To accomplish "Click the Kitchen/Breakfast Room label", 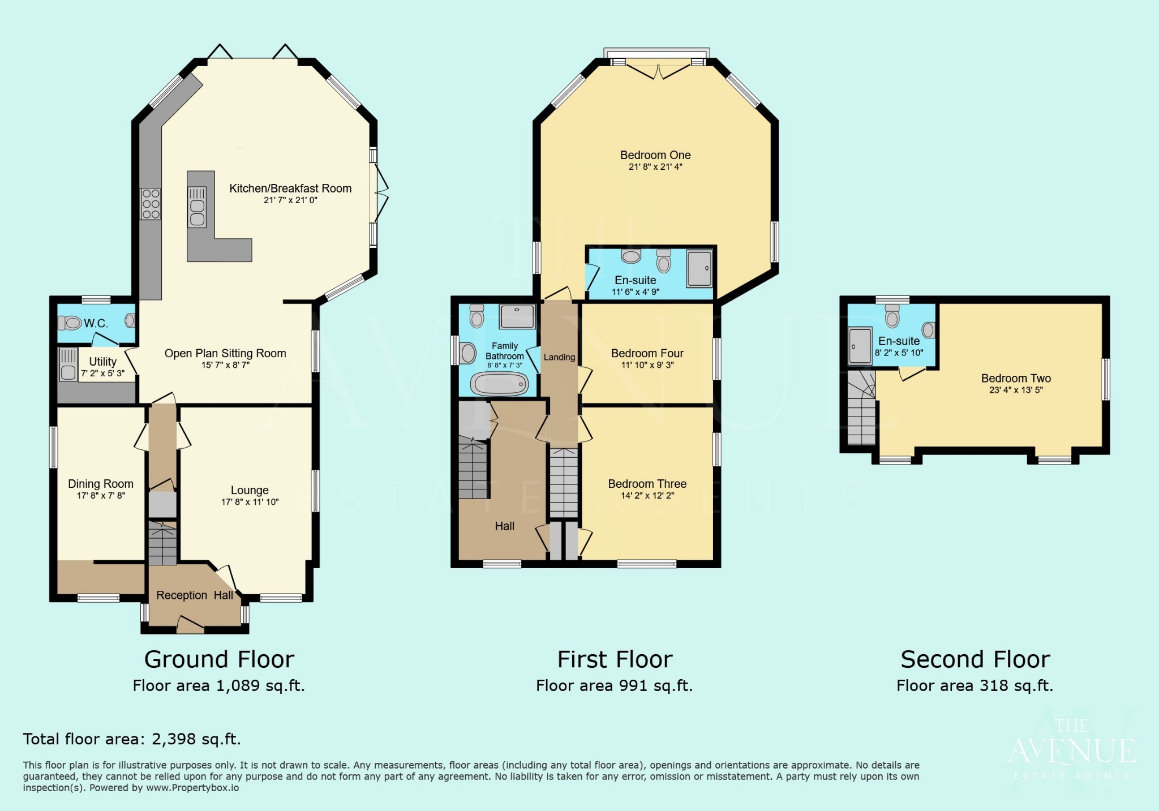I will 290,188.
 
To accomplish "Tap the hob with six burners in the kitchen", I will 151,204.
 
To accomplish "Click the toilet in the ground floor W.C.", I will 70,323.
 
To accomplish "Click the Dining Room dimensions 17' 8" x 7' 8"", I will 101,496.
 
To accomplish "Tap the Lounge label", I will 250,490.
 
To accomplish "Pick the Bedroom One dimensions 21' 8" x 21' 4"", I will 655,167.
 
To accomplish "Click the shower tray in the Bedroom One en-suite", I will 699,268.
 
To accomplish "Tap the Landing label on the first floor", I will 559,357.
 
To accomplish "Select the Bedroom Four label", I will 647,353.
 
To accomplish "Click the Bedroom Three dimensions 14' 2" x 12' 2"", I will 647,496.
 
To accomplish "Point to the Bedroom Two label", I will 1016,378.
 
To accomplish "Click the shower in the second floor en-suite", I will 860,346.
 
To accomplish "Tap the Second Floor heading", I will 975,659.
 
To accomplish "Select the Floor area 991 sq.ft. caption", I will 614,686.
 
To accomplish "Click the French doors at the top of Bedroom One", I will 659,71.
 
